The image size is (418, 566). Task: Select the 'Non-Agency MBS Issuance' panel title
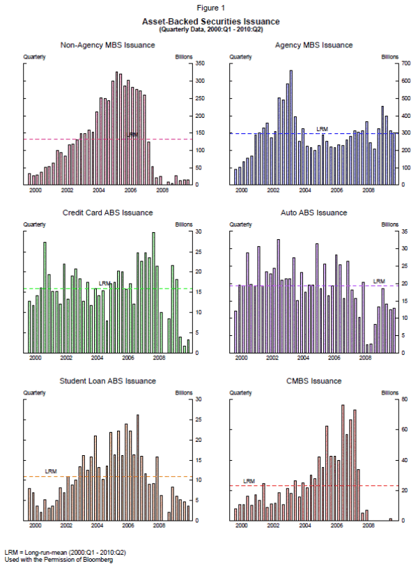(x=108, y=45)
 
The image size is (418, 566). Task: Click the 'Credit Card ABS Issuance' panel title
(x=108, y=213)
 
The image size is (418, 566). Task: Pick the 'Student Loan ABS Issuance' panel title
(x=108, y=381)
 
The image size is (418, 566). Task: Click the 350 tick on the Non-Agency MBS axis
(x=200, y=63)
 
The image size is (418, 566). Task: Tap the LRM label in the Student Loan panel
(x=51, y=472)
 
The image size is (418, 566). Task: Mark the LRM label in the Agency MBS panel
(x=322, y=129)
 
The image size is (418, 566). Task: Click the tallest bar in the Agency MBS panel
(x=291, y=125)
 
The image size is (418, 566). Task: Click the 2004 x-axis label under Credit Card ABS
(x=98, y=358)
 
